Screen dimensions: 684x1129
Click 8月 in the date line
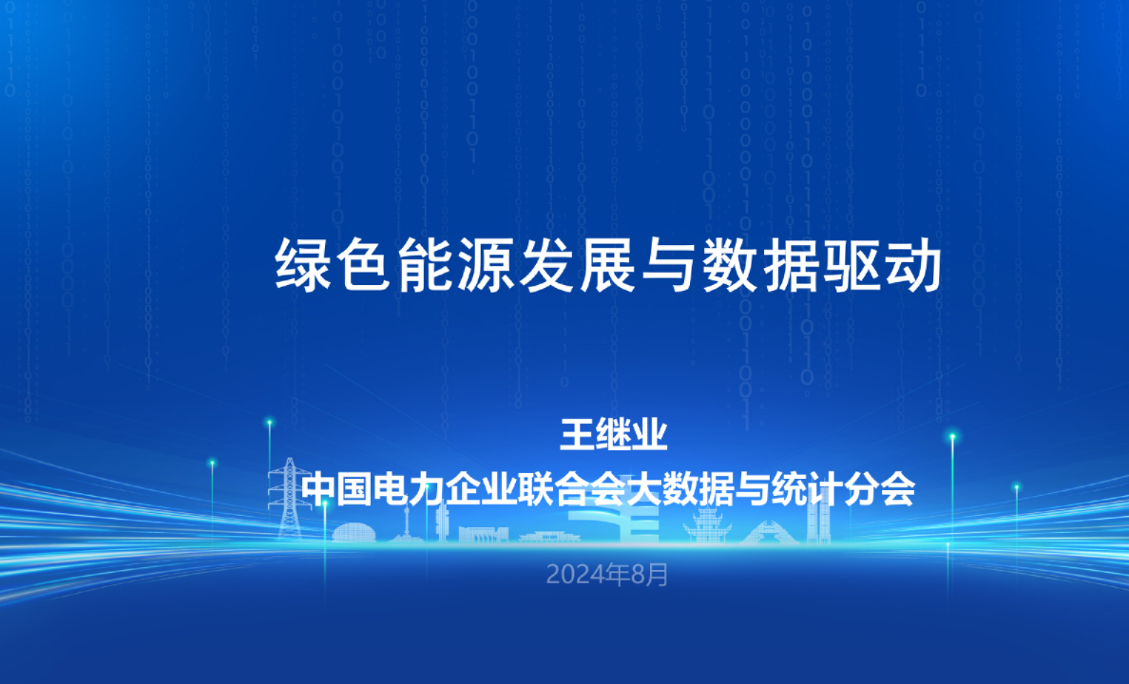652,575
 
